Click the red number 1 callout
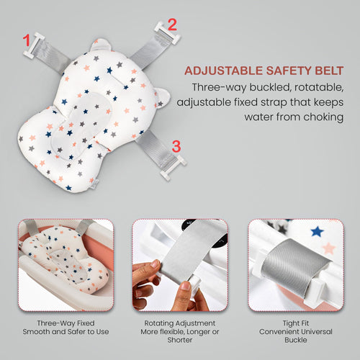pos(27,40)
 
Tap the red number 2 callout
pos(172,24)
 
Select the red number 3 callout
pos(176,146)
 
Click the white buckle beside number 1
pos(34,45)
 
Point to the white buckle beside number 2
pos(167,33)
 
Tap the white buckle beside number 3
pos(174,168)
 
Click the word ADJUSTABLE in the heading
pos(223,71)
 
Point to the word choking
pos(323,117)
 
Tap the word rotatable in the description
pos(319,87)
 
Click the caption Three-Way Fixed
pos(66,323)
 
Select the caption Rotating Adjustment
pos(180,323)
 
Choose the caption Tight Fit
pos(296,323)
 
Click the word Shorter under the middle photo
pos(180,340)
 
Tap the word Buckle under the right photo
pos(296,340)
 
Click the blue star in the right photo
pos(317,231)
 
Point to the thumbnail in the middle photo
pos(185,286)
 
